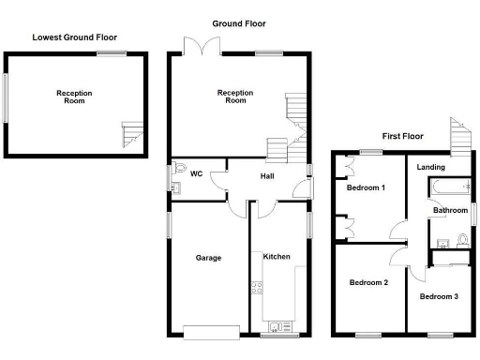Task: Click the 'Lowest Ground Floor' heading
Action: coord(74,37)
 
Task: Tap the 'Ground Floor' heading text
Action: coord(239,22)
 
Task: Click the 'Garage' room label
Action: coord(208,258)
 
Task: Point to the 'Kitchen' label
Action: coord(276,256)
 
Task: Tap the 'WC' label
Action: coord(196,173)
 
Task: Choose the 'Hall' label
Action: coord(267,175)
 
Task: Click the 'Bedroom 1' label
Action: coord(366,187)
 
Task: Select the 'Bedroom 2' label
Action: coord(368,282)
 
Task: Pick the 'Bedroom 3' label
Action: coord(439,297)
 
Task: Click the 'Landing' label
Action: coord(431,168)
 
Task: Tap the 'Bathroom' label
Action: coord(450,211)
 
